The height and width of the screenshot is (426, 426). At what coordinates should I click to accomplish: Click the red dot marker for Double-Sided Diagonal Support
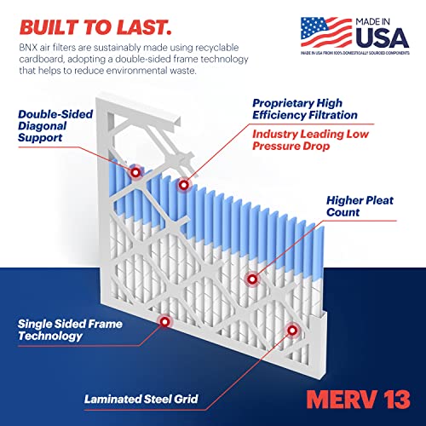pyautogui.click(x=136, y=173)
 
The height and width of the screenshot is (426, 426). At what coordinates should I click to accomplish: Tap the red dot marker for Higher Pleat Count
pyautogui.click(x=251, y=279)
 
